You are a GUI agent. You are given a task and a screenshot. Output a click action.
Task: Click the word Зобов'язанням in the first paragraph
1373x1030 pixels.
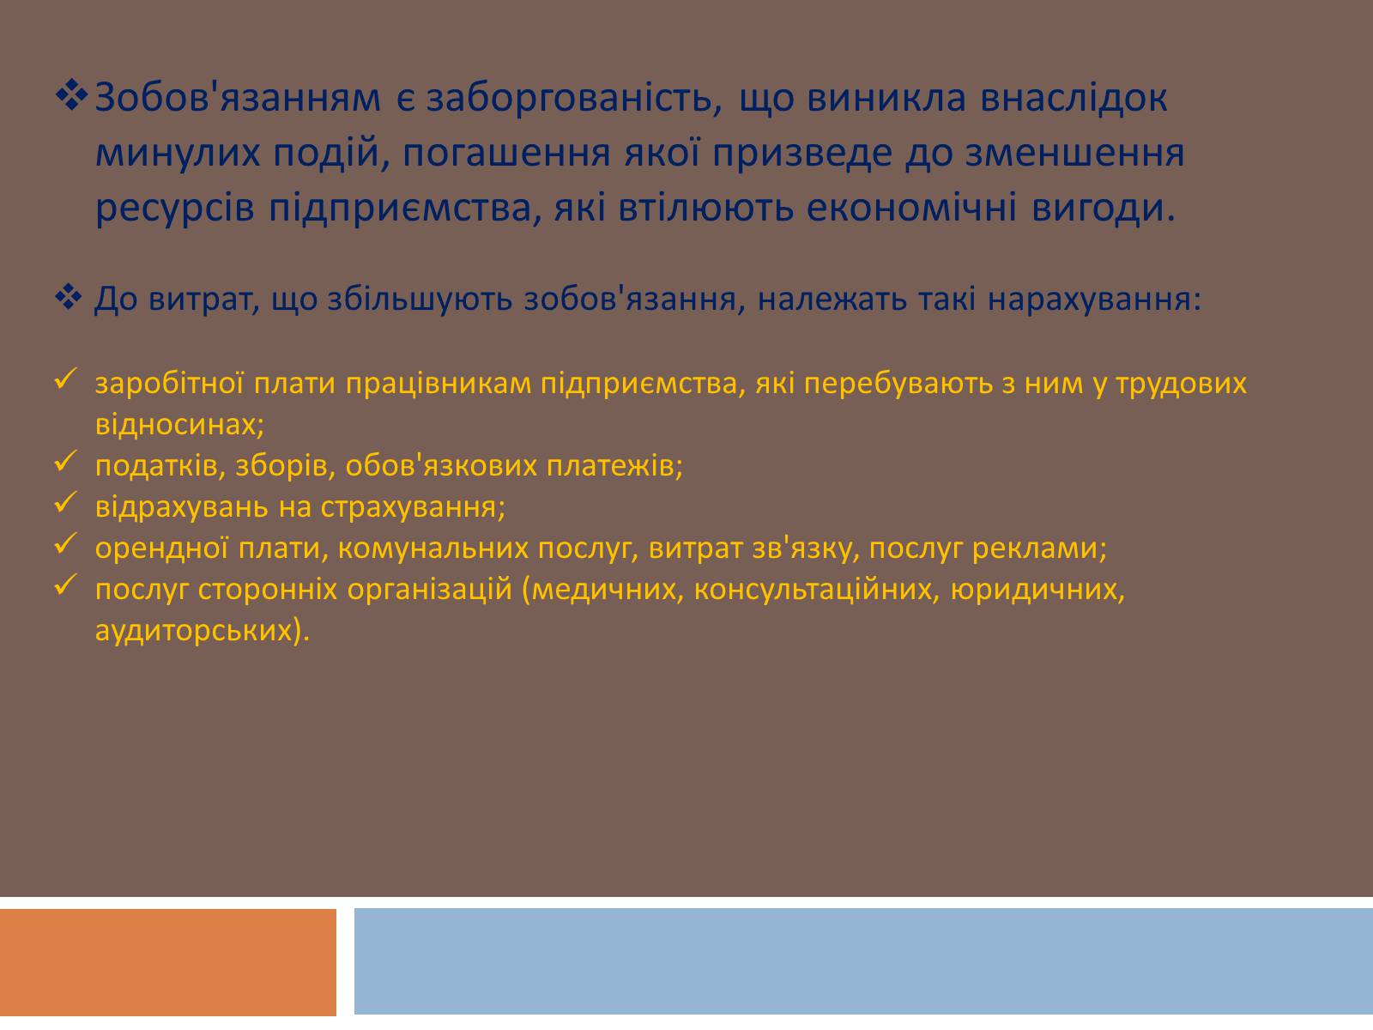click(238, 98)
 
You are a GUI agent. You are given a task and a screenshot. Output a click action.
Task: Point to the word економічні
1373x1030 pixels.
click(911, 208)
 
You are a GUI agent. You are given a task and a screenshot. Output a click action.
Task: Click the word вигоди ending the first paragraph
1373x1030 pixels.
click(1104, 209)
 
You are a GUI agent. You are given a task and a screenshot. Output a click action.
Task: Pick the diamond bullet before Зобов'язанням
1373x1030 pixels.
click(72, 95)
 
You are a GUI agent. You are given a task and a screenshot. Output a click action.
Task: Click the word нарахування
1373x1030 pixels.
click(1094, 300)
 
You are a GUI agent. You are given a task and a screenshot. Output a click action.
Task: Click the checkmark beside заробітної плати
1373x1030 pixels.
click(66, 379)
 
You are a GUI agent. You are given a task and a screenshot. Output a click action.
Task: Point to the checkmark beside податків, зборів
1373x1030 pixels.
click(66, 462)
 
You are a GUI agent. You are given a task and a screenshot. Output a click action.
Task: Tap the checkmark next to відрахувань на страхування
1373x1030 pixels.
click(66, 503)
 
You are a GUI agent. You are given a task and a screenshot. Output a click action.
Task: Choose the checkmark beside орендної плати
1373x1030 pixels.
click(66, 544)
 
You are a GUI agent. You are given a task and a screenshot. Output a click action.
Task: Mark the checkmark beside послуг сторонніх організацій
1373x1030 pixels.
click(66, 585)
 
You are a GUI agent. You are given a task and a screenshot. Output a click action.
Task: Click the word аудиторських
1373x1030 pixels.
click(202, 630)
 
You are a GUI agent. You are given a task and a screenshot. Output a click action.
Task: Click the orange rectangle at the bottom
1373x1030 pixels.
click(168, 962)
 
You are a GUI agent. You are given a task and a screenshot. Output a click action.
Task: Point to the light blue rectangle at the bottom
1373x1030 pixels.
click(864, 962)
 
